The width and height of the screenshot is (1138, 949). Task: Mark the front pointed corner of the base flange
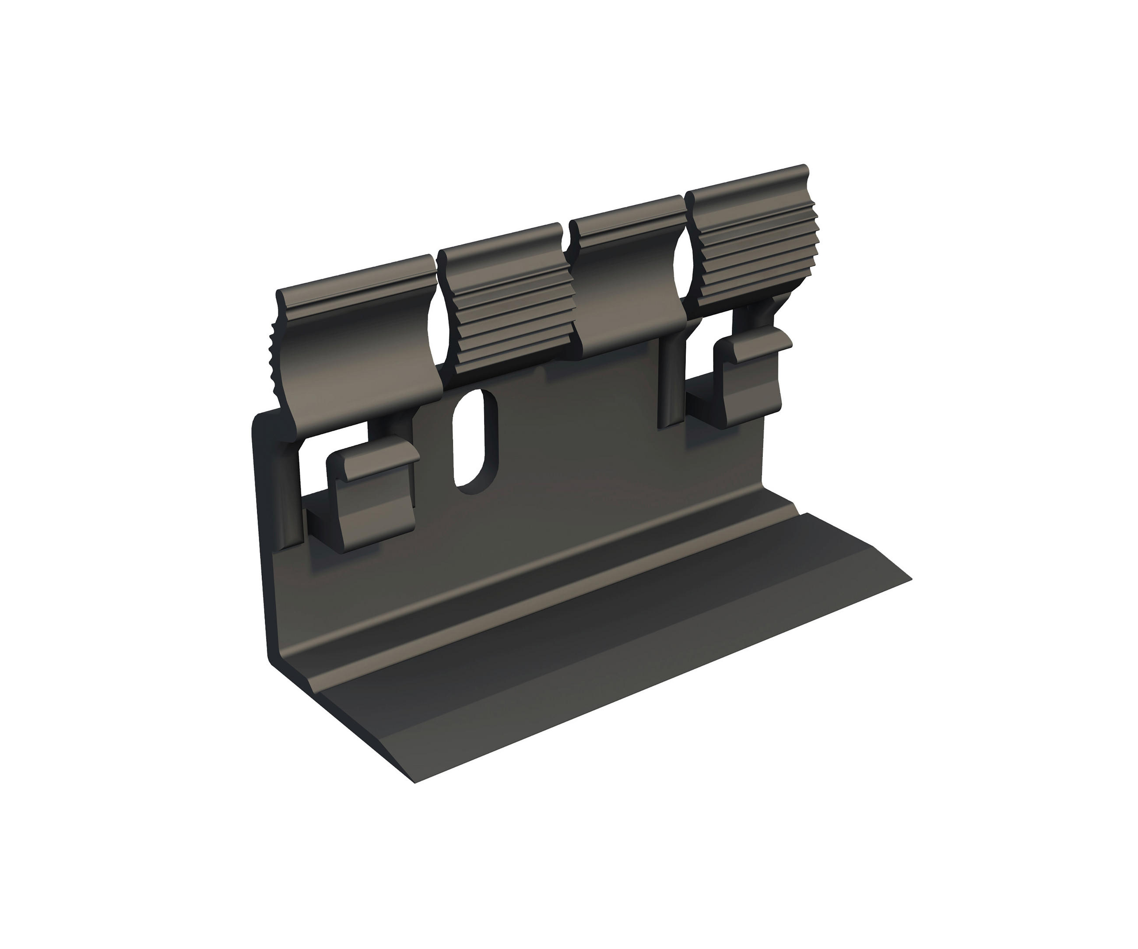pos(414,782)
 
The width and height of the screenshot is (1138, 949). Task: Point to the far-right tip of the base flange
pos(910,580)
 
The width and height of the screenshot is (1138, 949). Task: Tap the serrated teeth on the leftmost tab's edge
pos(274,347)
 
